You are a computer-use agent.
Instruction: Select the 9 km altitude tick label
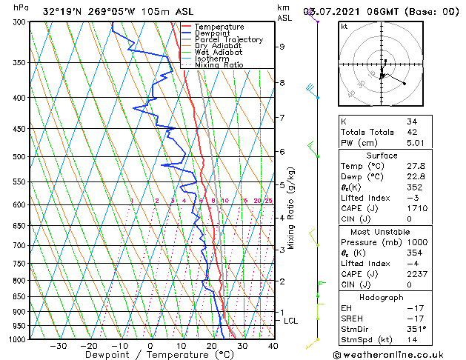(x=282, y=47)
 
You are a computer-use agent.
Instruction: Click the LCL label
(x=290, y=321)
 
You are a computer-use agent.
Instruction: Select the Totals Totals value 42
(x=411, y=132)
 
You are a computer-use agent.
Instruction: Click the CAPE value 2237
(x=415, y=274)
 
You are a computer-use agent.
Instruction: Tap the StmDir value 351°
(x=416, y=329)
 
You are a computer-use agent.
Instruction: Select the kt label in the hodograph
(x=344, y=26)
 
